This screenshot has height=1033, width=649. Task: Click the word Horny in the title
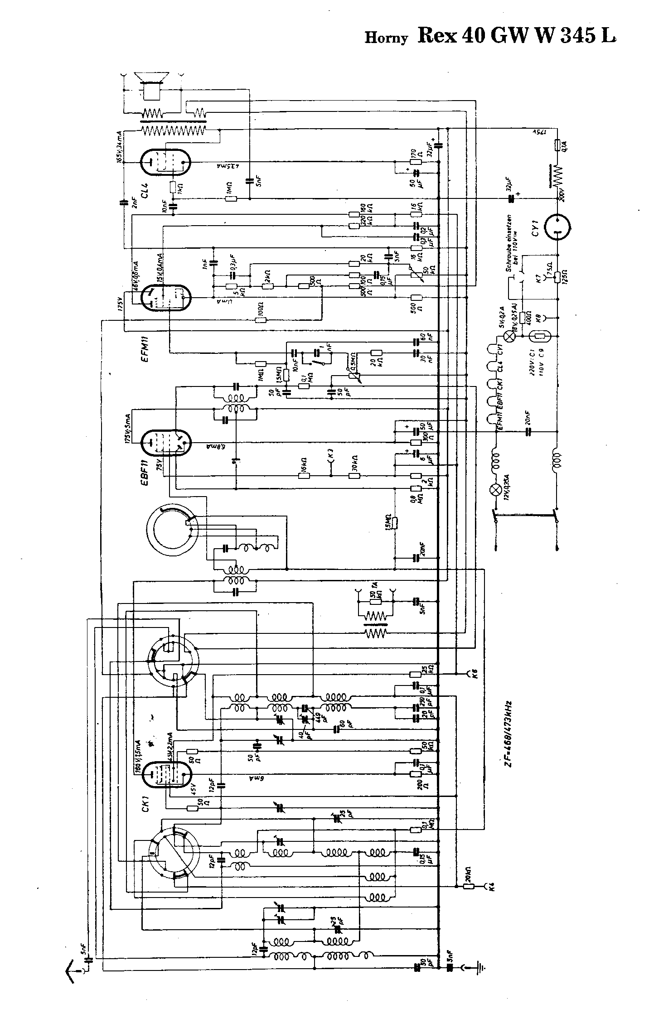pyautogui.click(x=386, y=39)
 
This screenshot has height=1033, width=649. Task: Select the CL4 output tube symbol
pyautogui.click(x=165, y=162)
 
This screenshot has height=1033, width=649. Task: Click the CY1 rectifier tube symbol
pyautogui.click(x=557, y=227)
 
